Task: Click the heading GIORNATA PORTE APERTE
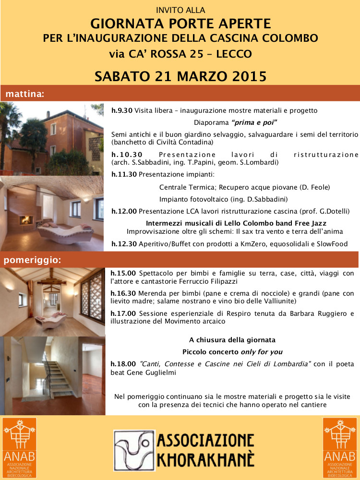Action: coord(180,23)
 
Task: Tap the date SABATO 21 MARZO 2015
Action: coord(180,75)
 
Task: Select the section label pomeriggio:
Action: coord(33,261)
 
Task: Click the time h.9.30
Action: coord(122,110)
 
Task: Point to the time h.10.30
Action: coord(127,155)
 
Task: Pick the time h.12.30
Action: coord(124,244)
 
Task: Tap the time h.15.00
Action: coord(123,273)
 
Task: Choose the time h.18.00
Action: coord(123,364)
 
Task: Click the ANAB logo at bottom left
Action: coord(19,446)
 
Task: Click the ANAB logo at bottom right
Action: coord(340,446)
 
